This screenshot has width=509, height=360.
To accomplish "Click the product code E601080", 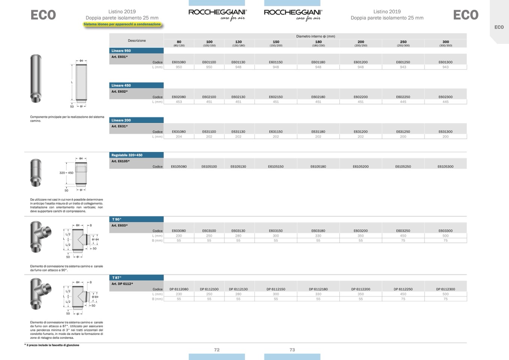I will pyautogui.click(x=179, y=62).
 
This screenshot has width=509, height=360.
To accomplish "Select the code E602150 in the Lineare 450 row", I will pyautogui.click(x=276, y=97).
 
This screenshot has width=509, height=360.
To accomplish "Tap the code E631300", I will pyautogui.click(x=445, y=132).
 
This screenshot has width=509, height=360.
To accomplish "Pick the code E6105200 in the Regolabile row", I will pyautogui.click(x=360, y=167).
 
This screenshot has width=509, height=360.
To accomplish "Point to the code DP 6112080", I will pyautogui.click(x=179, y=289).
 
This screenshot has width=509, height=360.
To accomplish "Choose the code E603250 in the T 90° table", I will pyautogui.click(x=403, y=231).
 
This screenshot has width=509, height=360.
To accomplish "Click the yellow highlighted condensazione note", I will pyautogui.click(x=122, y=24).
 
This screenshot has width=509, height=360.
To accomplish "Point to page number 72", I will pyautogui.click(x=217, y=350).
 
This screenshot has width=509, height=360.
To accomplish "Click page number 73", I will pyautogui.click(x=292, y=350).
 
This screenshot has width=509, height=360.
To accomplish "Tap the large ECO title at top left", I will pyautogui.click(x=43, y=15).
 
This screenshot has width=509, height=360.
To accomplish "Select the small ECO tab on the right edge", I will pyautogui.click(x=499, y=27).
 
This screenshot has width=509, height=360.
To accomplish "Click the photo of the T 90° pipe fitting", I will pyautogui.click(x=41, y=236).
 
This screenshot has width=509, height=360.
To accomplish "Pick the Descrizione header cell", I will pyautogui.click(x=137, y=41).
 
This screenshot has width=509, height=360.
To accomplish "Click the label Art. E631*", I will pyautogui.click(x=120, y=127).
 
